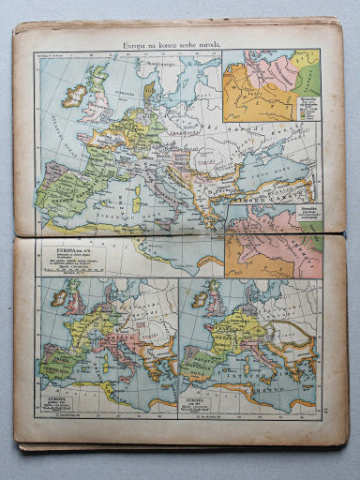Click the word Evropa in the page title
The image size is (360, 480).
point(141,46)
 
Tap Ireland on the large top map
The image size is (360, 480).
point(76,97)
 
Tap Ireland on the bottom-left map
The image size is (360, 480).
point(59,298)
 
